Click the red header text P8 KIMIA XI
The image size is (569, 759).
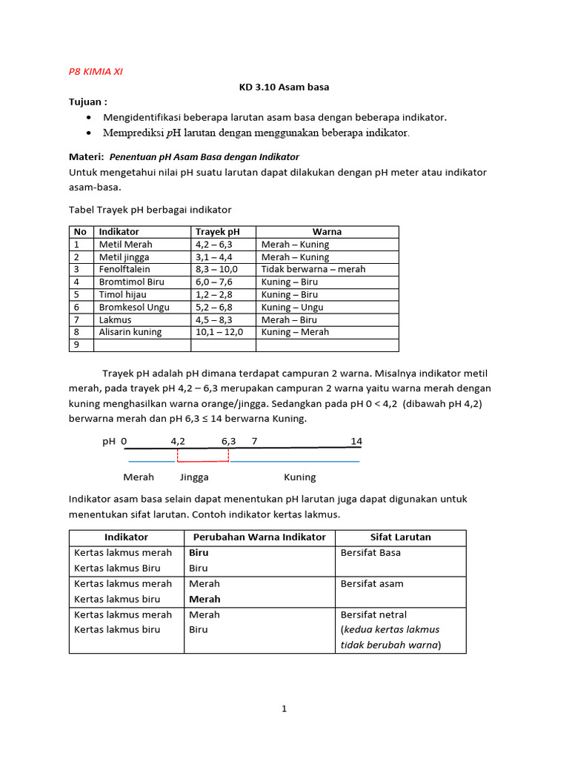tap(96, 72)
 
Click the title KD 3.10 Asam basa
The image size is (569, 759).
tap(284, 87)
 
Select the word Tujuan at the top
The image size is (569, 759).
tap(87, 102)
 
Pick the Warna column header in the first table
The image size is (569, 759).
tap(327, 232)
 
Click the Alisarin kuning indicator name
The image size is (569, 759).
tap(130, 332)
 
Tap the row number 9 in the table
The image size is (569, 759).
tap(76, 345)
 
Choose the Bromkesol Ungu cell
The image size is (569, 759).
tap(134, 307)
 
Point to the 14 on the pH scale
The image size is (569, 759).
tap(356, 441)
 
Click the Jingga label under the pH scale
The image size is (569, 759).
tap(194, 477)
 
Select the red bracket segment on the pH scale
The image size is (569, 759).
tap(202, 461)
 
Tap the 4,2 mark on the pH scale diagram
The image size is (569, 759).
tap(178, 441)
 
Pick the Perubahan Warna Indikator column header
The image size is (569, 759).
tap(259, 537)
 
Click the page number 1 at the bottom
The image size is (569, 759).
tap(284, 709)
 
